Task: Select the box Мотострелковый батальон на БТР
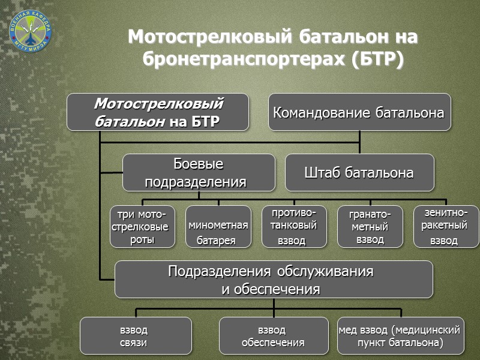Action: pos(158,112)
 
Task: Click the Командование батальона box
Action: pos(359,112)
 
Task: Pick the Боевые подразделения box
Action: pos(199,173)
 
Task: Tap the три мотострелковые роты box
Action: pos(142,227)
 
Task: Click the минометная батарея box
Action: pos(218,227)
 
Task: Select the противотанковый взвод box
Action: pos(294,227)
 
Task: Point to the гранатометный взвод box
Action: pos(370,227)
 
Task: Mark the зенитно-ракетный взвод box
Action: pos(446,227)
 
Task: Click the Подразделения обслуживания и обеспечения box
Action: pos(274,280)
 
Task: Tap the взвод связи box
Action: pos(136,336)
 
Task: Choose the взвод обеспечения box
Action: pos(273,336)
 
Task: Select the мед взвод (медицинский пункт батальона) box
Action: pos(401,336)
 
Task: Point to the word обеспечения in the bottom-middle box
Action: pos(273,343)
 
